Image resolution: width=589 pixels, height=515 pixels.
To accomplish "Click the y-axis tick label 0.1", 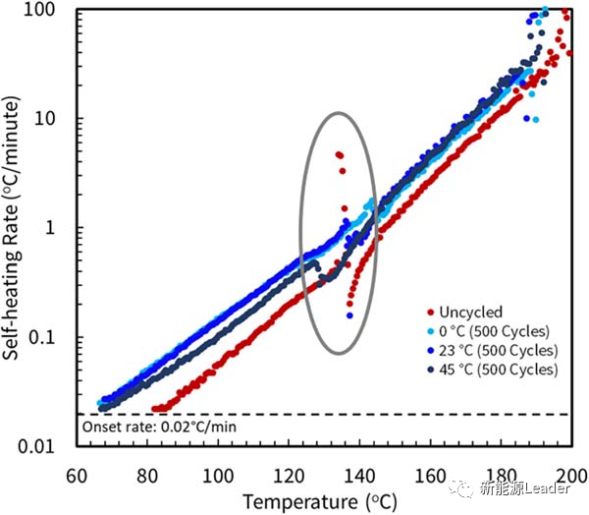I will [x=52, y=338].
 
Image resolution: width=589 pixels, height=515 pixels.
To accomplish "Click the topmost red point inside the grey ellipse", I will [x=338, y=154].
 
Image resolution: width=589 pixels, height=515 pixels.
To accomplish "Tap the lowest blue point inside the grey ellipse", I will [x=349, y=315].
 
